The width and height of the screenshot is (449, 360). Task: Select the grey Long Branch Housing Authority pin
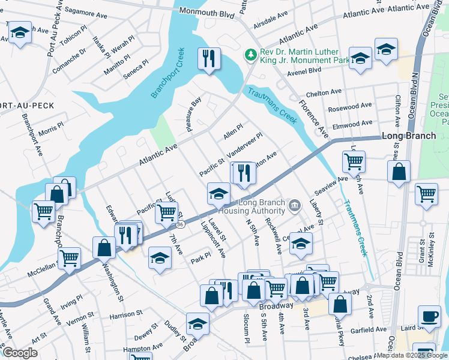(x=294, y=206)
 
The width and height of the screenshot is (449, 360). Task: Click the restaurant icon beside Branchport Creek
(x=209, y=58)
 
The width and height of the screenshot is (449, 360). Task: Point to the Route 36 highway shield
(x=180, y=223)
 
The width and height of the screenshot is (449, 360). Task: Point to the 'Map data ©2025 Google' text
(x=412, y=355)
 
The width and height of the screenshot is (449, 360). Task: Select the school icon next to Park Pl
(x=159, y=258)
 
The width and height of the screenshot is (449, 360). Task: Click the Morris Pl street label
(x=50, y=130)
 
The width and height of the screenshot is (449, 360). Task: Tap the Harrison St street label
(x=126, y=314)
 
